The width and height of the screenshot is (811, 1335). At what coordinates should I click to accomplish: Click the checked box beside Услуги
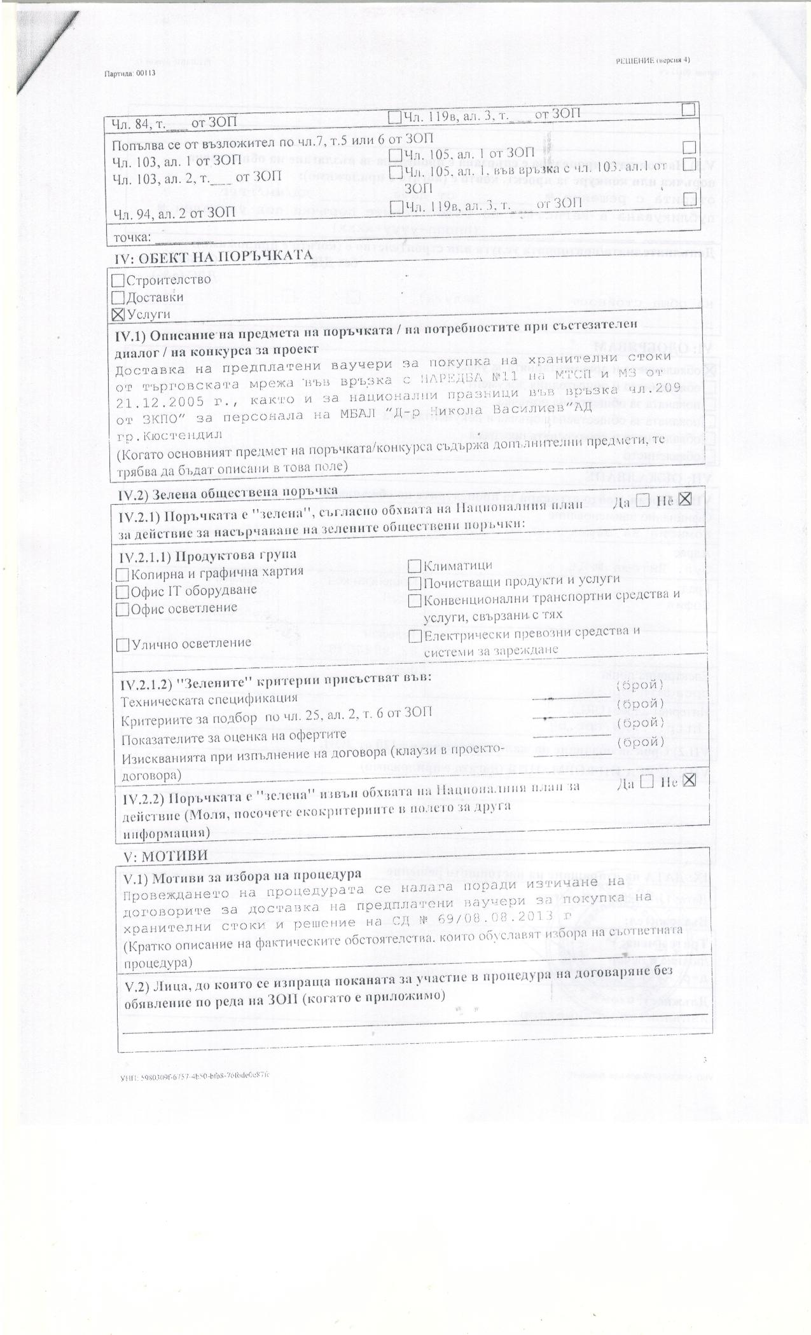point(118,313)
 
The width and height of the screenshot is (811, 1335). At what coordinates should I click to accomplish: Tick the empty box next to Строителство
point(118,280)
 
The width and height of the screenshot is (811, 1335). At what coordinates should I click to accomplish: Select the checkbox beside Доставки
point(118,297)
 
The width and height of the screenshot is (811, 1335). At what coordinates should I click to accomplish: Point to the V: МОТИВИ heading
point(156,855)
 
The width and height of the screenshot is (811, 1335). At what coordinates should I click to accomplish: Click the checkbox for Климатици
point(414,565)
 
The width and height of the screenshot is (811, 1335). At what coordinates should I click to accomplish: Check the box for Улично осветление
point(123,644)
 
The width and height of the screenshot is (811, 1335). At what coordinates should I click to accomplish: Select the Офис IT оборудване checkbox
point(123,591)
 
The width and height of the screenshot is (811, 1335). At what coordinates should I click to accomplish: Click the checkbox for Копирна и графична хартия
point(123,574)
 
